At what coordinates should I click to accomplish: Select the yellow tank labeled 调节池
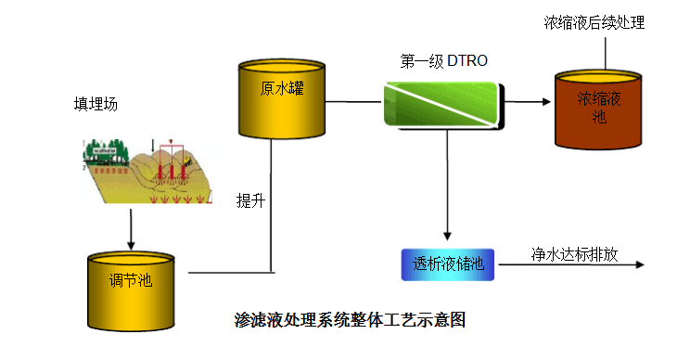point(131,288)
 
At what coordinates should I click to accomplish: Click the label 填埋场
point(96,104)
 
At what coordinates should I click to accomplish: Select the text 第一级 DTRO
point(443,61)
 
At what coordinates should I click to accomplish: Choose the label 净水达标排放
point(575,253)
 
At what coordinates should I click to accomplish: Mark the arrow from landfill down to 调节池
point(131,227)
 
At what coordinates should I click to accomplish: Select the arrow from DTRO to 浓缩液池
point(528,103)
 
